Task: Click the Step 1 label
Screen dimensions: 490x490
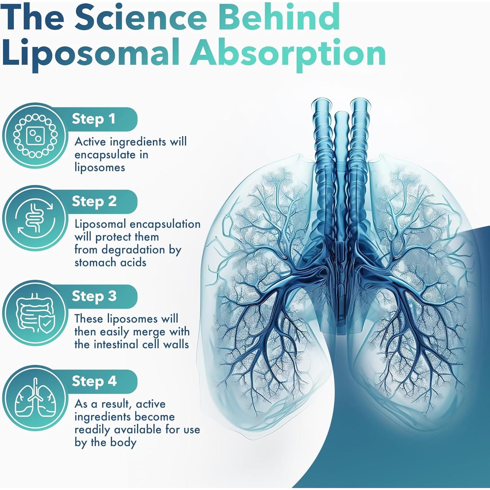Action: tap(94, 119)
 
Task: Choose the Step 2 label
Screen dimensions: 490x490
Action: tap(94, 201)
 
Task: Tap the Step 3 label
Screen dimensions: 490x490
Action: tap(94, 296)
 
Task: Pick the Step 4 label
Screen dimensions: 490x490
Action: tap(94, 381)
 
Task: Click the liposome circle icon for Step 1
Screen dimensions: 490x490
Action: tap(35, 136)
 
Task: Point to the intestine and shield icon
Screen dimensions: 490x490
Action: tap(35, 313)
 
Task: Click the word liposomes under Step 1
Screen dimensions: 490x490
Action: tap(100, 167)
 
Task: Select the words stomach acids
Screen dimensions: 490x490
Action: tap(110, 262)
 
